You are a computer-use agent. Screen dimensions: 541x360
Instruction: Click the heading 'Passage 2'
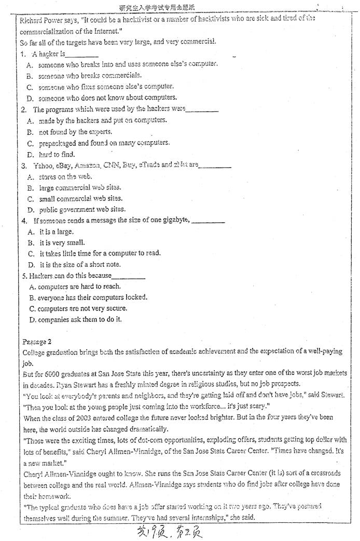pyautogui.click(x=37, y=341)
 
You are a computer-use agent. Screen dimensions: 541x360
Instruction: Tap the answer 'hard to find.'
pyautogui.click(x=57, y=154)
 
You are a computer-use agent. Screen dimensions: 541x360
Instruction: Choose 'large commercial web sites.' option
pyautogui.click(x=80, y=187)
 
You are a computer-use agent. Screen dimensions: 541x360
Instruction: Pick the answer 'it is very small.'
pyautogui.click(x=62, y=242)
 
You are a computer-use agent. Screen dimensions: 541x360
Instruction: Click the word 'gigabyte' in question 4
pyautogui.click(x=174, y=221)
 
